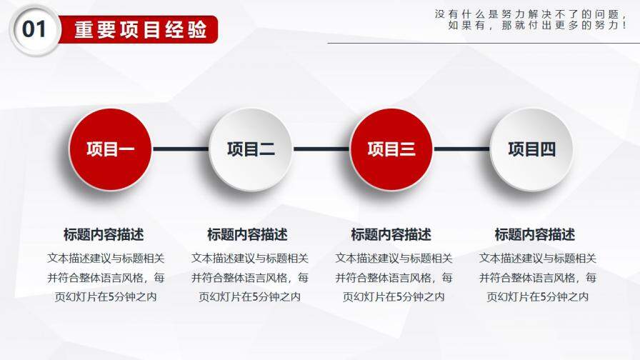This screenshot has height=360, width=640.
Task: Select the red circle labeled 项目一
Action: [110, 149]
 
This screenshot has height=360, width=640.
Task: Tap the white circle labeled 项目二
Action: [251, 149]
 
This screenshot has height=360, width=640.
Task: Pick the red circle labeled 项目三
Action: [391, 149]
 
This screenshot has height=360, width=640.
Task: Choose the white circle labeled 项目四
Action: [531, 149]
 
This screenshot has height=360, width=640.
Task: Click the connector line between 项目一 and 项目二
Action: [180, 149]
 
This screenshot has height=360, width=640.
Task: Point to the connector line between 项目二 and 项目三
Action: [321, 149]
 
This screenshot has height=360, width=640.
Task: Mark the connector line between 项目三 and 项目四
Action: [461, 149]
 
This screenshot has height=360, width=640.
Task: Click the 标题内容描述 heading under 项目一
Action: [104, 234]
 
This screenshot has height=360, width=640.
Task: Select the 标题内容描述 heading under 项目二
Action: [247, 234]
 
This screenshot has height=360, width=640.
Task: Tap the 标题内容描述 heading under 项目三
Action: [391, 234]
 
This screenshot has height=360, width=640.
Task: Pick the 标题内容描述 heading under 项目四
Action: [534, 234]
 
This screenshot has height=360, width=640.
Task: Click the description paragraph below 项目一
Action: [106, 277]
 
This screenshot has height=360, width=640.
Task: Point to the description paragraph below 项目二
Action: [249, 277]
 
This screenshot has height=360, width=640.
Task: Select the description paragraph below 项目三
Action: [394, 277]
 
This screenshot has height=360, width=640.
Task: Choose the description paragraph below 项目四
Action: [537, 277]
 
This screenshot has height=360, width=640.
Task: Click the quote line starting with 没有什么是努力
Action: [530, 14]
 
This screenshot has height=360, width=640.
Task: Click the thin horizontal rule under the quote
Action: [483, 43]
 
